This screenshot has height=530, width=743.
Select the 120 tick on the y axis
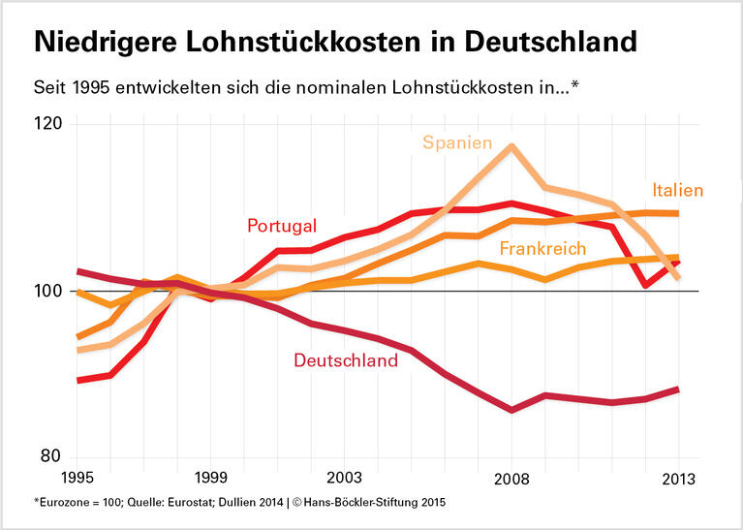tap(48, 125)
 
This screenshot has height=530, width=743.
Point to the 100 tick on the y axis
tap(48, 292)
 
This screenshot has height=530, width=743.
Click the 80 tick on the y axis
tap(50, 457)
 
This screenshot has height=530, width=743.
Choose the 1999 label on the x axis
tap(210, 479)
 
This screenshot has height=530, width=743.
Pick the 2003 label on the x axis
tap(344, 479)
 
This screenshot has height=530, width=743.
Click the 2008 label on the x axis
tap(511, 479)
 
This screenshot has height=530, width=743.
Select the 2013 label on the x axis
tap(677, 479)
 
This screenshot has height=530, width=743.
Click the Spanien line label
tap(457, 142)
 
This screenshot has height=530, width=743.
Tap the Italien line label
tap(677, 190)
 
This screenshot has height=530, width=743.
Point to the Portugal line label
tap(282, 226)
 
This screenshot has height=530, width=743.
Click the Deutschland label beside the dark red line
tap(346, 360)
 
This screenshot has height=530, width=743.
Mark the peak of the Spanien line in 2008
tap(511, 145)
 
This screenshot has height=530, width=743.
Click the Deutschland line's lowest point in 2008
tap(511, 410)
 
